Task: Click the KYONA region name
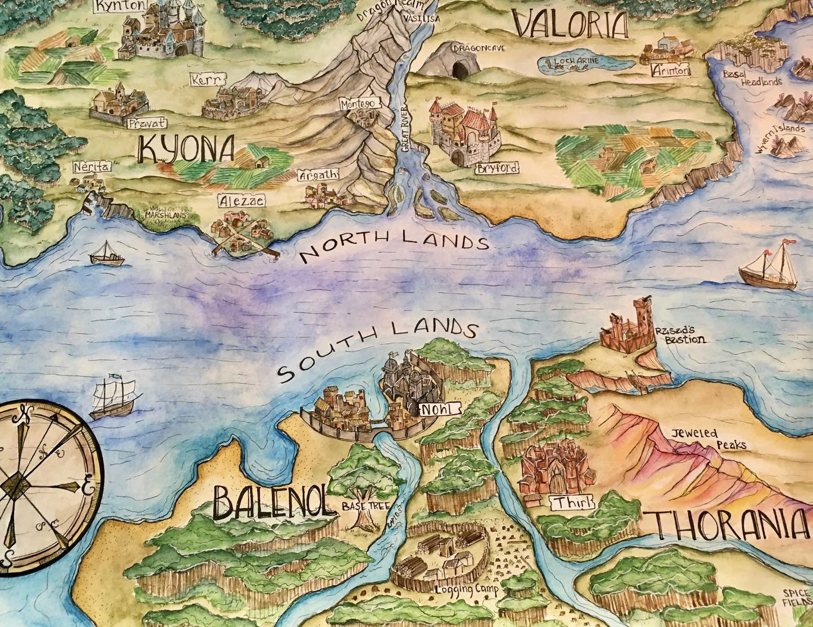186,150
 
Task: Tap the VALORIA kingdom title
571,24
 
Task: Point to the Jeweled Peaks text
708,439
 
